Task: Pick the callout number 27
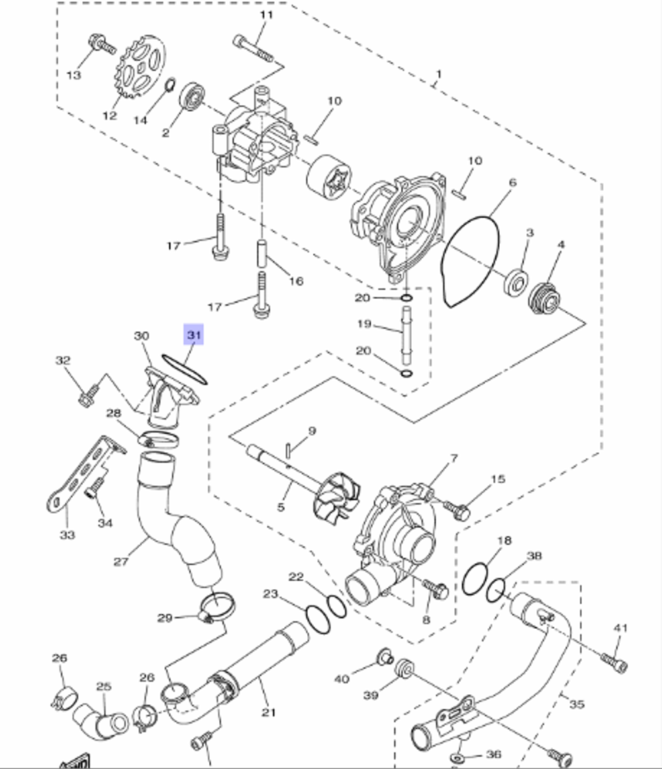tap(120, 561)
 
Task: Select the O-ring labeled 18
tap(475, 579)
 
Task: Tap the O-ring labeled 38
tap(496, 591)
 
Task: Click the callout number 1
tap(439, 74)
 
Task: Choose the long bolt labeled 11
tap(253, 48)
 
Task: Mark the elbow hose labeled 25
tap(101, 721)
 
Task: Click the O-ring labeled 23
tap(318, 618)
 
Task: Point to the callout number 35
tap(577, 704)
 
